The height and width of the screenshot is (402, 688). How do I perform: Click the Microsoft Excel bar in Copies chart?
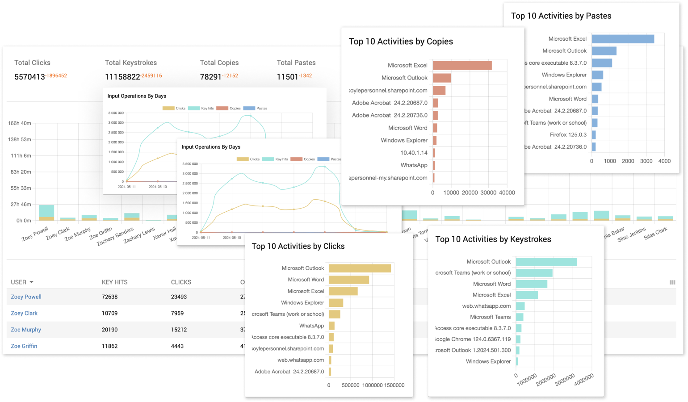tap(462, 65)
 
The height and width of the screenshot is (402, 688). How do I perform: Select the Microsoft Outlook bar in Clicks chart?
tap(360, 268)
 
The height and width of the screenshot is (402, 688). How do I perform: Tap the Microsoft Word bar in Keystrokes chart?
tap(531, 284)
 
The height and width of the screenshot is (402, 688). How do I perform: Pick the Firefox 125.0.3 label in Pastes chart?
tap(568, 134)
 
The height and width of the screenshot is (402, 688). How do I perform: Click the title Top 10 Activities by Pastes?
tap(561, 16)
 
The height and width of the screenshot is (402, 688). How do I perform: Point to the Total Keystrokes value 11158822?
tap(122, 77)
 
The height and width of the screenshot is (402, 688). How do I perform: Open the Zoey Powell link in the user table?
tap(26, 297)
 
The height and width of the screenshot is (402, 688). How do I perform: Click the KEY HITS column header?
tap(114, 282)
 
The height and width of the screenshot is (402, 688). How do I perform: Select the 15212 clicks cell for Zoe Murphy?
tap(179, 330)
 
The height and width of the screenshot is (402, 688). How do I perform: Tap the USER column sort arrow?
tap(31, 282)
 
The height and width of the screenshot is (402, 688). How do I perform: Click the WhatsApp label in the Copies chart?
tap(414, 165)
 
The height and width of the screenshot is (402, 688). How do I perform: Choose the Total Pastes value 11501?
tap(287, 77)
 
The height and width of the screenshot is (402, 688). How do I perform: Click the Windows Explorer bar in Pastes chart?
tap(597, 75)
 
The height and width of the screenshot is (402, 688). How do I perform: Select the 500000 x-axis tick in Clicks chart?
tap(350, 385)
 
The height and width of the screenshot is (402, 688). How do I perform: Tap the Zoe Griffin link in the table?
tap(24, 346)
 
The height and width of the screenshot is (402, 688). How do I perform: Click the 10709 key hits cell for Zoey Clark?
tap(109, 313)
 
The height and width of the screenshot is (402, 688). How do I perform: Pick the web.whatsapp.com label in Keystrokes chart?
tap(486, 306)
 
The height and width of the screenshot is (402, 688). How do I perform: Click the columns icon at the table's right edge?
tap(672, 282)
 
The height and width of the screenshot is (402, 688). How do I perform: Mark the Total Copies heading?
tap(219, 63)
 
